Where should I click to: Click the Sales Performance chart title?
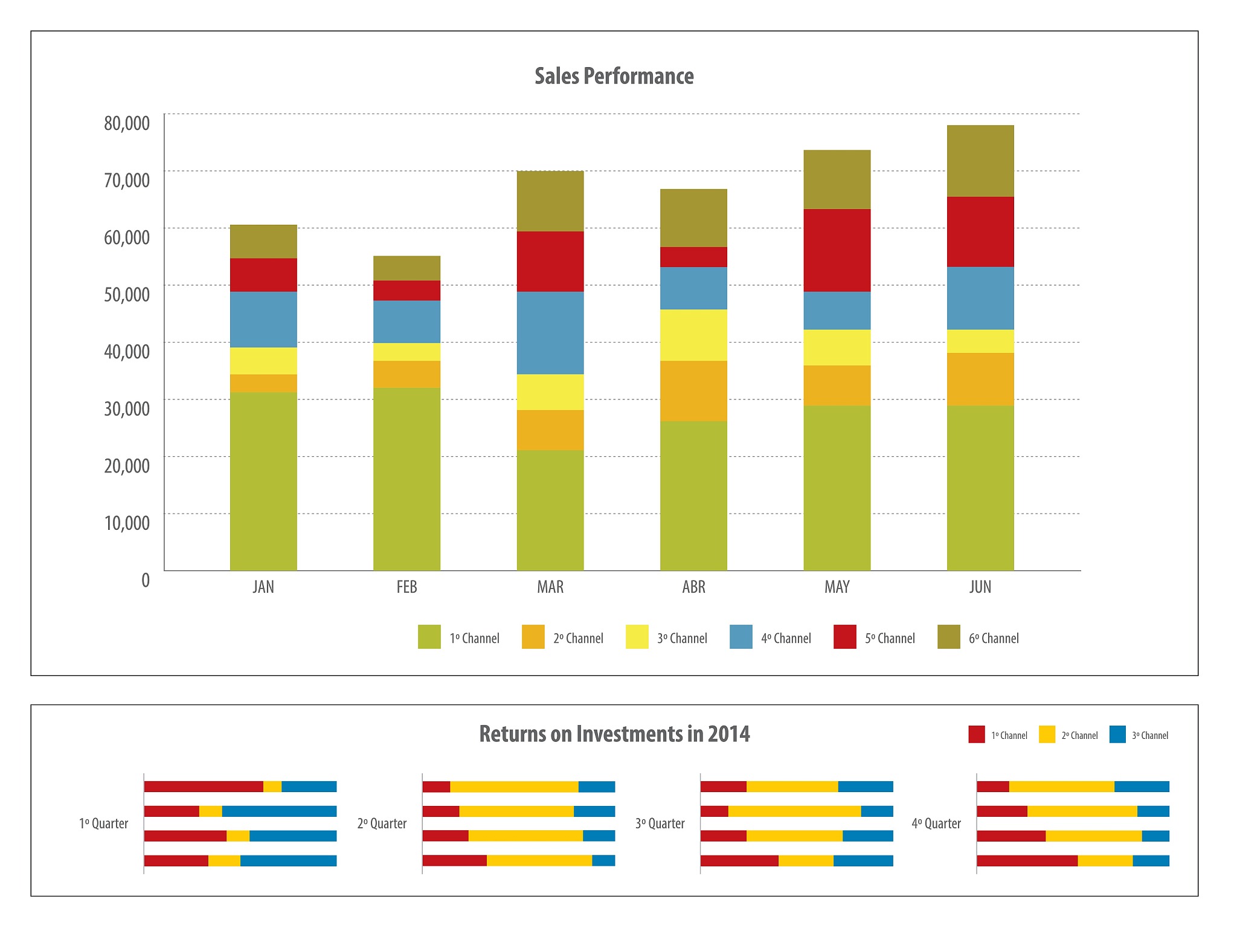click(614, 76)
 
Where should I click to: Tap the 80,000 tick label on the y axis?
click(127, 123)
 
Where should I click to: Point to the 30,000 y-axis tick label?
click(127, 408)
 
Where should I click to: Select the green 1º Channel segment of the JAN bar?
click(263, 481)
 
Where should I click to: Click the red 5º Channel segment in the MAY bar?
click(837, 250)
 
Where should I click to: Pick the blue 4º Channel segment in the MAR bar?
click(550, 333)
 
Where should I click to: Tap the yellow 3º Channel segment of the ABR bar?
click(693, 335)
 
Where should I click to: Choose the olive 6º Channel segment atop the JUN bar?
click(980, 161)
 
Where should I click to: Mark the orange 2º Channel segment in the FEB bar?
click(406, 374)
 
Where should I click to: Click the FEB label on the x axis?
click(406, 587)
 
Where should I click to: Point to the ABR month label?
click(693, 587)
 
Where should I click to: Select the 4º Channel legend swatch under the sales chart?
click(741, 637)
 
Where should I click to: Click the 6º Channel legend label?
click(994, 638)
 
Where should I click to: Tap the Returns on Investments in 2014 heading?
click(614, 733)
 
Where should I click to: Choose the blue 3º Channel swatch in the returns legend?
click(1117, 734)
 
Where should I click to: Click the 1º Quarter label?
click(103, 823)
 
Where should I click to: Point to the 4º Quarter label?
click(936, 823)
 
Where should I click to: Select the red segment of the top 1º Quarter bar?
click(204, 787)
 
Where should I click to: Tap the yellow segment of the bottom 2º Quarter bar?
click(539, 860)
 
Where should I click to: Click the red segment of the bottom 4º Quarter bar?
click(1027, 860)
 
